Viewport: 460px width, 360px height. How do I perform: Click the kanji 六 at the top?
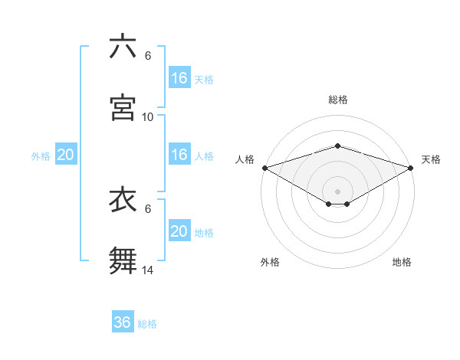coord(123,47)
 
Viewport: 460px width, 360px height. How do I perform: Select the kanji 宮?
coord(123,107)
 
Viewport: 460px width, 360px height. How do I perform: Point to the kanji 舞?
coord(123,260)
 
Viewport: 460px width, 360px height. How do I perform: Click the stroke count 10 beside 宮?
coord(148,116)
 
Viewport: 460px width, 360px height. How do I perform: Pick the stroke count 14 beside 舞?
coord(148,270)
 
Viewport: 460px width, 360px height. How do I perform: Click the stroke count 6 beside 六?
coord(148,56)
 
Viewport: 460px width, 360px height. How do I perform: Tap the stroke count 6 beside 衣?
coord(148,208)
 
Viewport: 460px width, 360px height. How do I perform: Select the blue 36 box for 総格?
coord(123,322)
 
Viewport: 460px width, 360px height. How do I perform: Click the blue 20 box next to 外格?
coord(66,155)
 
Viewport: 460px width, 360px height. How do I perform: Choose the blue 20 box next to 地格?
coord(179,231)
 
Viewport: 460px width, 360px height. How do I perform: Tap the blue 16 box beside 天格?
coord(179,78)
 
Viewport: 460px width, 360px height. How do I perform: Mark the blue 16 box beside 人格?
coord(179,155)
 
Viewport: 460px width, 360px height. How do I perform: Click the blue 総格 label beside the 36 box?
coord(147,324)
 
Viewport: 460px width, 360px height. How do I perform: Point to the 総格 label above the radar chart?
coord(338,100)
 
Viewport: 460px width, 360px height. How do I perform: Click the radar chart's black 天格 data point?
coord(412,168)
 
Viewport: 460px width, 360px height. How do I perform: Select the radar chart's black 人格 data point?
coord(264,168)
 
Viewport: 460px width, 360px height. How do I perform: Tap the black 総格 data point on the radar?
coord(338,146)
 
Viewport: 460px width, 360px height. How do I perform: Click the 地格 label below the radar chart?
coord(402,262)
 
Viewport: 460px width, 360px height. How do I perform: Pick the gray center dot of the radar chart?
coord(338,191)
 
